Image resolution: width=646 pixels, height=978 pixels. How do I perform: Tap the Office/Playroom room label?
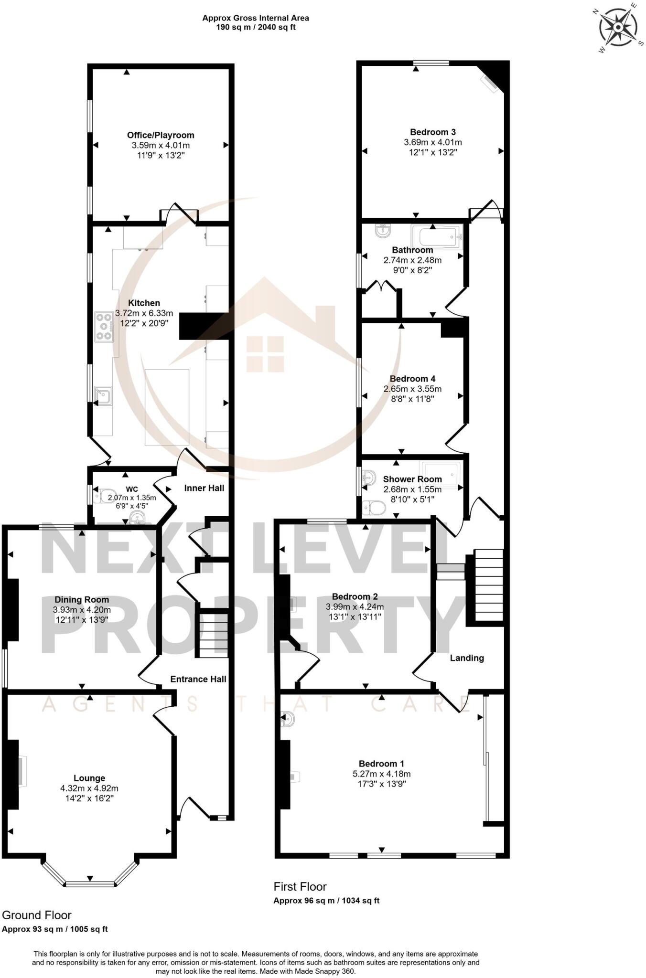click(x=161, y=135)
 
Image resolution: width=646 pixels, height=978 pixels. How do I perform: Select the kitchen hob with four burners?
click(x=104, y=327)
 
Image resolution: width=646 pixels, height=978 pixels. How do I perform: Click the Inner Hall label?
click(x=204, y=488)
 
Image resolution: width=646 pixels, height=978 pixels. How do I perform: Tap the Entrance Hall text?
click(x=198, y=679)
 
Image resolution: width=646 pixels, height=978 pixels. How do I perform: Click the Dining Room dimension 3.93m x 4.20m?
click(x=82, y=610)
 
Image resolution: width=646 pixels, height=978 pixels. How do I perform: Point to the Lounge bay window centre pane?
click(x=90, y=884)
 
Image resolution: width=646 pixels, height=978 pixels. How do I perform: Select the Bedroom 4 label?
click(x=412, y=379)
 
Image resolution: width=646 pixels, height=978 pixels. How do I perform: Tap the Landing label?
click(x=467, y=658)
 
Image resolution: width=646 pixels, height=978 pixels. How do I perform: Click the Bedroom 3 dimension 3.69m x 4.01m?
click(x=433, y=142)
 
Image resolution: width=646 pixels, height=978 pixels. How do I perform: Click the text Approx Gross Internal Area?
click(x=256, y=18)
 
